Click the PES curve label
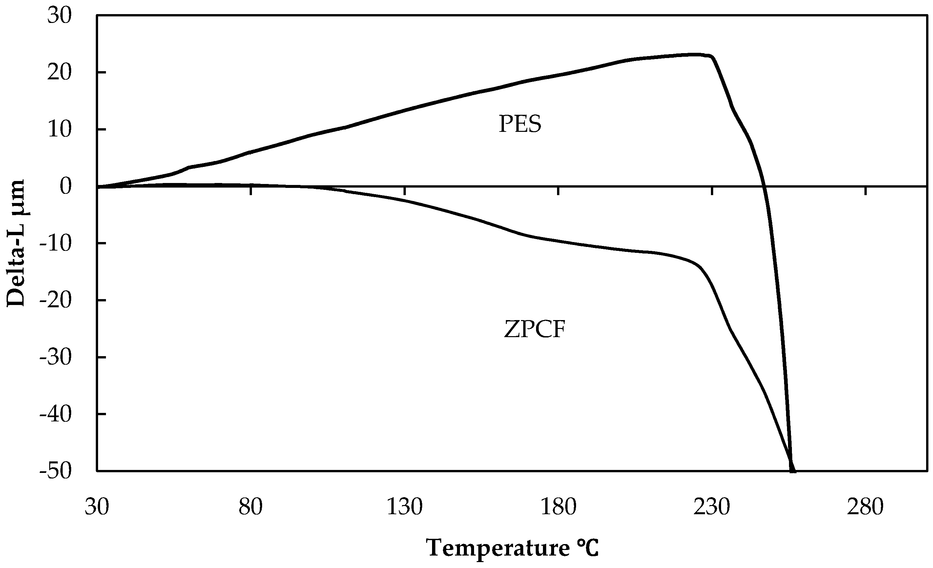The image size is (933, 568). pos(520,124)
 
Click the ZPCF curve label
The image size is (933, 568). pos(534,329)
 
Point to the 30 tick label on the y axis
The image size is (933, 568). pos(59,16)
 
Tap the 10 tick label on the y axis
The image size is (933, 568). pos(59,130)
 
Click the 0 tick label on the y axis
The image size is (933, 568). pos(66,186)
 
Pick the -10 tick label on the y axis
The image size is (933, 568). pos(56,243)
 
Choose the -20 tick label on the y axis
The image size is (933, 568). pos(56,300)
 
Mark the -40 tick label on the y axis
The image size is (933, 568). pos(56,415)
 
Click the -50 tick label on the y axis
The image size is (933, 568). pos(56,472)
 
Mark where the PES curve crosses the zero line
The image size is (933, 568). pos(764,186)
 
